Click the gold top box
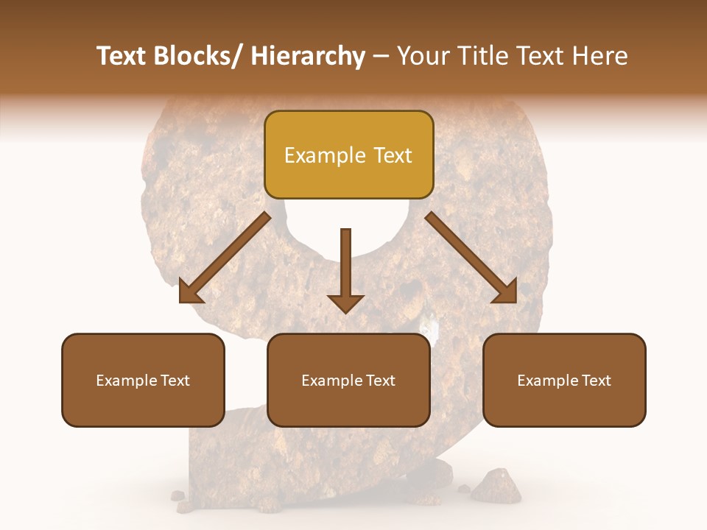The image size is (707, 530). pyautogui.click(x=348, y=155)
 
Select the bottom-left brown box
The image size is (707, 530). pyautogui.click(x=143, y=380)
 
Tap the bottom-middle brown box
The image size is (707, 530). pyautogui.click(x=348, y=380)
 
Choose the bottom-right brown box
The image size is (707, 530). pyautogui.click(x=564, y=380)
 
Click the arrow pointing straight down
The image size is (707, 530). pyautogui.click(x=345, y=269)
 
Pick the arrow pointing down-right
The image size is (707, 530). pyautogui.click(x=471, y=258)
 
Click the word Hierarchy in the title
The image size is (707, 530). pyautogui.click(x=308, y=57)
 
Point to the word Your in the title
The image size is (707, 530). pyautogui.click(x=422, y=57)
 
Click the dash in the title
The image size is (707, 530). pyautogui.click(x=381, y=57)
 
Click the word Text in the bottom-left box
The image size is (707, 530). pyautogui.click(x=174, y=381)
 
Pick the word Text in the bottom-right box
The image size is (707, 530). pyautogui.click(x=595, y=381)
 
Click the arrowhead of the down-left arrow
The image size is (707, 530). pyautogui.click(x=190, y=291)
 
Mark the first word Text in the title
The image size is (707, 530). pyautogui.click(x=122, y=57)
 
